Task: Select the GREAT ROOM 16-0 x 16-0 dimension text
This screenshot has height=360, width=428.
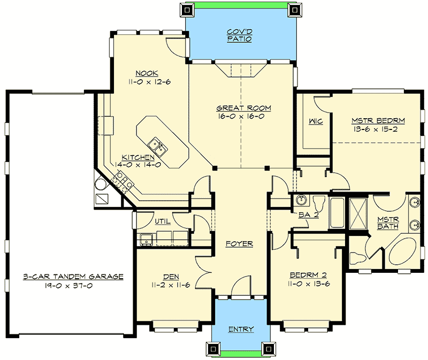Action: tap(241, 116)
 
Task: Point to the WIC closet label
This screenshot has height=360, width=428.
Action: tap(315, 121)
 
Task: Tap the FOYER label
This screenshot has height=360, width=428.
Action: tap(239, 243)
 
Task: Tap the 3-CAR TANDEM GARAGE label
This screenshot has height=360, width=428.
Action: tap(73, 277)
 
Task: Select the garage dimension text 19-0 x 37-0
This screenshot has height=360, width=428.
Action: tap(73, 286)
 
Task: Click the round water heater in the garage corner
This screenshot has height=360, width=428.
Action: tap(101, 185)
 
